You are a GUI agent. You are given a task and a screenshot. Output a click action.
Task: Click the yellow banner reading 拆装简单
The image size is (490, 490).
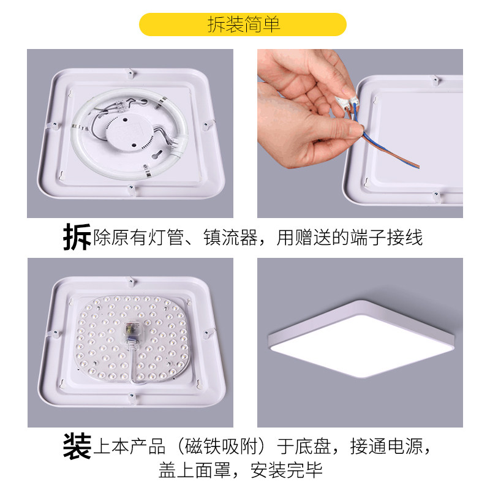[243, 24]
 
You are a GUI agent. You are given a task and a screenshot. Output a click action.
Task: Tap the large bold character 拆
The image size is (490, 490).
[77, 237]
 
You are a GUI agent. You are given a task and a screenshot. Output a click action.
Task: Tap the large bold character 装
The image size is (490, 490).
[77, 446]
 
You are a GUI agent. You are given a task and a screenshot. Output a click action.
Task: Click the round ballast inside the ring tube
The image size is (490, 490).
[129, 134]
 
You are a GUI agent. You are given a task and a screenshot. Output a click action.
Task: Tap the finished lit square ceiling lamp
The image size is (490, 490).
[361, 339]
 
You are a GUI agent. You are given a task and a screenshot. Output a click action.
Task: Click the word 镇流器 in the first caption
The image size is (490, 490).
[231, 238]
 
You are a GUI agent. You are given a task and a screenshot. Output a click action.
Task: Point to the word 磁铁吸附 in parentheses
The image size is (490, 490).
[221, 447]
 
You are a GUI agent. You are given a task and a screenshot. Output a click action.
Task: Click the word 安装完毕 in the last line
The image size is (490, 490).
[287, 470]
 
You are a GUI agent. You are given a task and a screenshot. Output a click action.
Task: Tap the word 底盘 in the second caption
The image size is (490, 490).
[313, 447]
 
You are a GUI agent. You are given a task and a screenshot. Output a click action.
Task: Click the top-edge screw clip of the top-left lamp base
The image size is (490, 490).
[130, 73]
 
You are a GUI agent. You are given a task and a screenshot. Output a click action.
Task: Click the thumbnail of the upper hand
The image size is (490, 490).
[347, 91]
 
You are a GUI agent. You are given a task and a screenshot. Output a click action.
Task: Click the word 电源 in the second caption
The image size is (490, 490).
[405, 447]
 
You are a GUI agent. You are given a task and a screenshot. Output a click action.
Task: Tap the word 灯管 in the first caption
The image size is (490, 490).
[165, 238]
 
